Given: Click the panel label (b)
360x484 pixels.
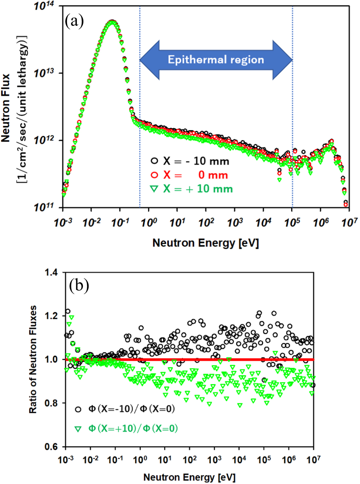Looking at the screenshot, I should (x=79, y=285).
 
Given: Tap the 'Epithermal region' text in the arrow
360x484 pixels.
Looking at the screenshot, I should (x=216, y=59).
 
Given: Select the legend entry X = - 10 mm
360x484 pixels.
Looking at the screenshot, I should (x=190, y=161).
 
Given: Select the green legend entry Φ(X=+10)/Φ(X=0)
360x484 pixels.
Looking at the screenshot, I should (x=126, y=429).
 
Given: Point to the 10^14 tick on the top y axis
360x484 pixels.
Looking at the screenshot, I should (x=43, y=6).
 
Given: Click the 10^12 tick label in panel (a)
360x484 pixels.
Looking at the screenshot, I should (x=43, y=140).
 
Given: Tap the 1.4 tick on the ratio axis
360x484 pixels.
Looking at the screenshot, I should (x=51, y=272).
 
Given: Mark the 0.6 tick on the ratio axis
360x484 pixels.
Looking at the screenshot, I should (x=51, y=447).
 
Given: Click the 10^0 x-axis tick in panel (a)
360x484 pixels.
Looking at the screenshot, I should (x=149, y=223).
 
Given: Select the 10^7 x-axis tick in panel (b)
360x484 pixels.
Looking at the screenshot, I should (x=313, y=460).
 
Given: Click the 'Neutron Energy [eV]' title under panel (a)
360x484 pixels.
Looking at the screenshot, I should (x=205, y=243).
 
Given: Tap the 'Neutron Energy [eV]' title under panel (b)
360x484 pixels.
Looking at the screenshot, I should (x=189, y=477).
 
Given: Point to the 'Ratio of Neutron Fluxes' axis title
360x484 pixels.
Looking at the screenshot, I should (x=33, y=359).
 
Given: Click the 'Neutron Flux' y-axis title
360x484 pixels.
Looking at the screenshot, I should (x=6, y=108).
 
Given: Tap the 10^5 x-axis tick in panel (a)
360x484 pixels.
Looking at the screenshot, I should (x=292, y=223).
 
